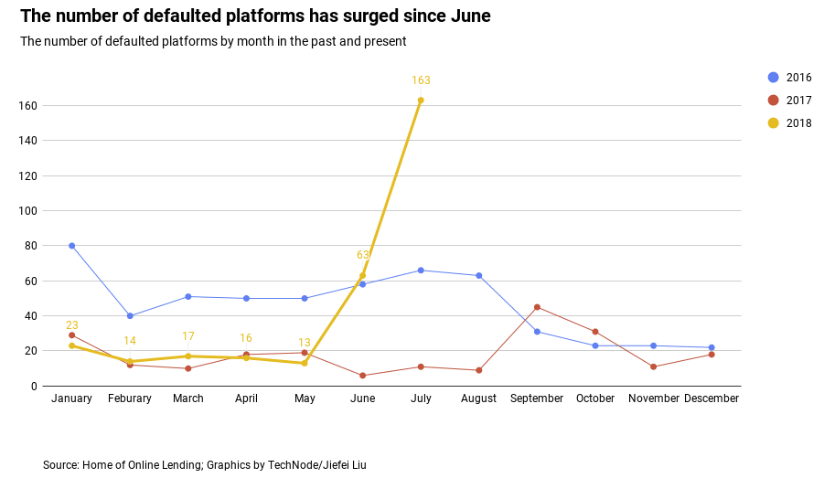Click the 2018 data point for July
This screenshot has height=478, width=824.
click(421, 101)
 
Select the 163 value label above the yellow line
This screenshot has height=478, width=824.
click(421, 80)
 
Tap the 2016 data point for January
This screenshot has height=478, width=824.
click(71, 246)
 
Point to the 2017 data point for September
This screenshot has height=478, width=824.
click(537, 307)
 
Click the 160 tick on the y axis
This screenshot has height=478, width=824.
click(27, 106)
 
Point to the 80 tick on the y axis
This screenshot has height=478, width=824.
click(30, 246)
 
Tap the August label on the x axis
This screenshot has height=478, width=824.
click(478, 398)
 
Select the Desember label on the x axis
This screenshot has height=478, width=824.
click(712, 398)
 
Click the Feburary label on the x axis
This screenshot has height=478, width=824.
click(130, 398)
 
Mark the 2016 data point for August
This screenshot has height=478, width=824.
click(478, 276)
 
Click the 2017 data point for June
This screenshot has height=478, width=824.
click(362, 376)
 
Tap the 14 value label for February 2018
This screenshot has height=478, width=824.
click(130, 341)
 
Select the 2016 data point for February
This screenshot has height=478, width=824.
click(130, 316)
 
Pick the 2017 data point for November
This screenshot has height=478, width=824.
click(653, 366)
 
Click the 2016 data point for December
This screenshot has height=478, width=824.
click(712, 347)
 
